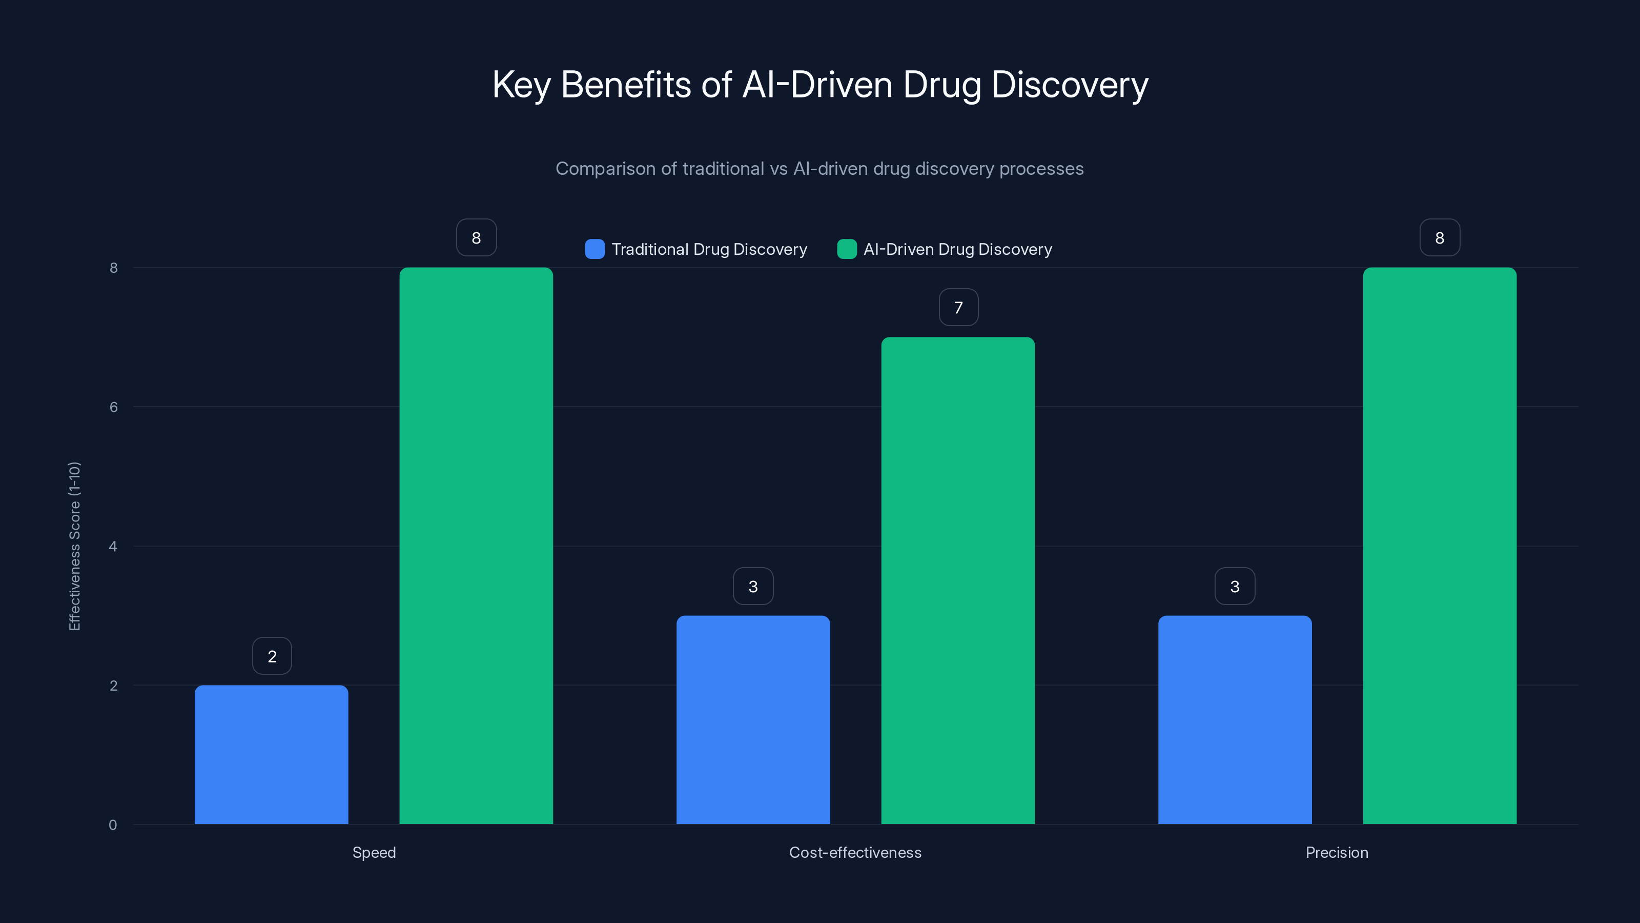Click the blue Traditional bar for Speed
click(x=271, y=755)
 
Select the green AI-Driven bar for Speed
click(x=476, y=546)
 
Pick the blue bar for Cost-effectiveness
click(x=753, y=720)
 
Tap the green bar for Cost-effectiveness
click(x=958, y=580)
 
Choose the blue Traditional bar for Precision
click(x=1235, y=720)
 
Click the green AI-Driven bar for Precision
click(x=1440, y=546)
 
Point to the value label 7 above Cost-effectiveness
click(x=958, y=308)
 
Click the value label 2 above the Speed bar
click(x=272, y=656)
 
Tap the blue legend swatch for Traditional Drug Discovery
click(x=594, y=249)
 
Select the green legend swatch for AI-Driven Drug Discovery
click(x=847, y=249)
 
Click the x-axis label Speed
click(x=374, y=852)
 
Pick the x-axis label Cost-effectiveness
click(x=855, y=852)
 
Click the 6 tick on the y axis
click(x=114, y=407)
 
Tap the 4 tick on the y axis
click(x=113, y=547)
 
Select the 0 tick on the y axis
click(x=113, y=825)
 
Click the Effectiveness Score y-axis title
click(x=74, y=546)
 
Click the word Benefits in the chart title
click(x=625, y=85)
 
